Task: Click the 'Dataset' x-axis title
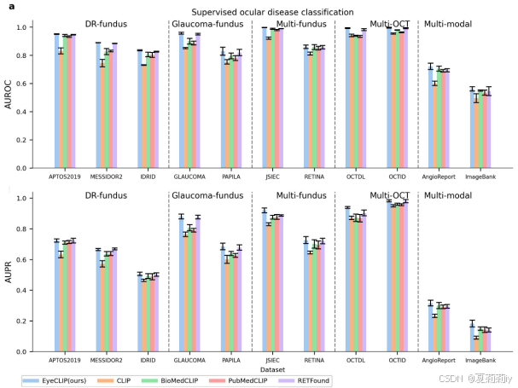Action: (272, 369)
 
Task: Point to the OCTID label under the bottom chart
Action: (398, 362)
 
